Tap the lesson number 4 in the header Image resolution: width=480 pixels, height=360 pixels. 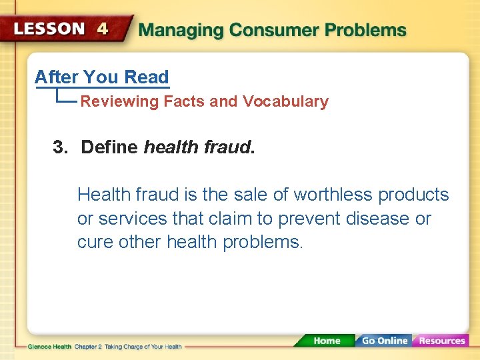coord(102,29)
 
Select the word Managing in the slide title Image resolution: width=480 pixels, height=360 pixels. coord(179,30)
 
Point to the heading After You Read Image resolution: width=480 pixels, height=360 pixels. coord(101,77)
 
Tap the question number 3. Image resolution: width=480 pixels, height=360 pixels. coord(60,147)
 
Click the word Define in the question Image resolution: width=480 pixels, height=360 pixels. coord(109,147)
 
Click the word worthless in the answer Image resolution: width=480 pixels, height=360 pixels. coord(333,195)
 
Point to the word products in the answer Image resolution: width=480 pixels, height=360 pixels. coord(413,195)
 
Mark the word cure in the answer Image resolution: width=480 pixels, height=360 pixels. coord(95,243)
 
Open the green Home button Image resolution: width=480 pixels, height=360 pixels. coord(326,341)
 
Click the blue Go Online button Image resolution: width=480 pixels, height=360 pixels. coord(384,341)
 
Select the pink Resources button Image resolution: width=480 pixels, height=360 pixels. coord(441,341)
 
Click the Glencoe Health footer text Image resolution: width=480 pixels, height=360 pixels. coord(50,347)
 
